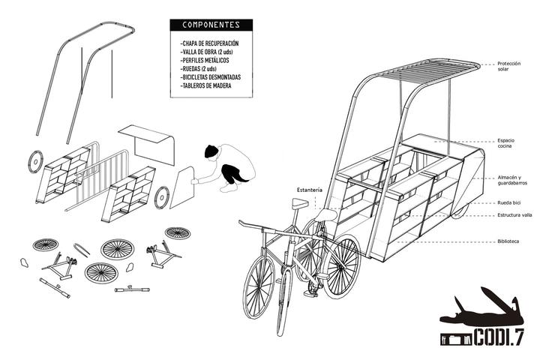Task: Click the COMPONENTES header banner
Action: pos(211,25)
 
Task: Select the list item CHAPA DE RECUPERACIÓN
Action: pos(209,43)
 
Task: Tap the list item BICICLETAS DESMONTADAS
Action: pos(211,77)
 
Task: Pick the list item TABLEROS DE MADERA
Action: pos(205,85)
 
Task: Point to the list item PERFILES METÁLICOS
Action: pos(205,60)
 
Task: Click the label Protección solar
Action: pos(509,66)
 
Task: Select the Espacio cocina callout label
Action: pos(506,143)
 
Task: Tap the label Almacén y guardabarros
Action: pos(512,180)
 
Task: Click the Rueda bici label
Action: pos(509,203)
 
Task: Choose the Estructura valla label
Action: pos(514,215)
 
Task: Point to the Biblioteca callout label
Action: pos(508,241)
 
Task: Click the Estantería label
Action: pos(310,190)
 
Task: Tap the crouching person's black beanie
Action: pos(211,151)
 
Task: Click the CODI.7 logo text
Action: pos(499,337)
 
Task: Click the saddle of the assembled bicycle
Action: pos(300,203)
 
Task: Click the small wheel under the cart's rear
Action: pos(460,211)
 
